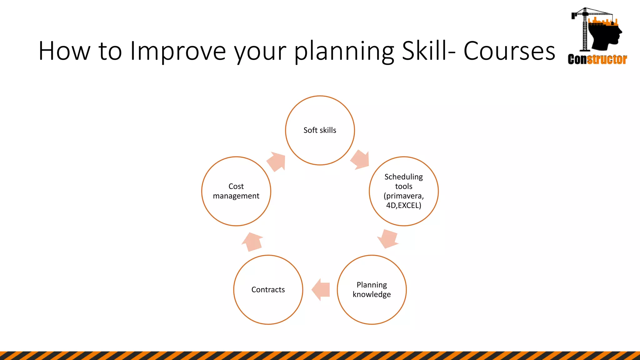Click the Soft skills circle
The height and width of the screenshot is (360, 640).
(x=320, y=130)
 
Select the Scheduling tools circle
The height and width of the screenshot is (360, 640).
(x=403, y=191)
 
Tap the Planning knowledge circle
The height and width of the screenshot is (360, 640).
(x=372, y=290)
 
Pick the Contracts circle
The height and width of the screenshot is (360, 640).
(x=268, y=290)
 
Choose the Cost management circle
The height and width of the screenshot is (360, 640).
(x=236, y=191)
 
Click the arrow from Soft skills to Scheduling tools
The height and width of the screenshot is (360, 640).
(x=360, y=160)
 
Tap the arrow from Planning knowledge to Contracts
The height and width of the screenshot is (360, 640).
(x=321, y=290)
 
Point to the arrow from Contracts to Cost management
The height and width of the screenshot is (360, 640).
(x=252, y=242)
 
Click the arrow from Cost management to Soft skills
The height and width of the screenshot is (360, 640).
(x=277, y=161)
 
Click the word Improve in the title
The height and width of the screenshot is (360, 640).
(x=177, y=51)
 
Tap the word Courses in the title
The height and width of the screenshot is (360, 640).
(x=509, y=51)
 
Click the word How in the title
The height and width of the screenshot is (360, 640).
(x=64, y=51)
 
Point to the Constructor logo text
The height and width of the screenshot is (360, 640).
(x=597, y=59)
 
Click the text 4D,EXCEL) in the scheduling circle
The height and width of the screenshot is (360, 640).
(x=403, y=206)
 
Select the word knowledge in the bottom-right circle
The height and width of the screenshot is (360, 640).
(x=372, y=295)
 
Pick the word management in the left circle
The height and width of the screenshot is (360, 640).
(x=236, y=196)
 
